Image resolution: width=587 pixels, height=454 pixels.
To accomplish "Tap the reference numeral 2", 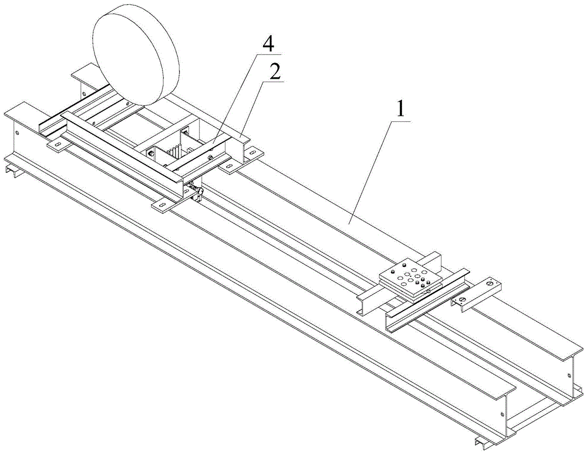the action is [x=275, y=72].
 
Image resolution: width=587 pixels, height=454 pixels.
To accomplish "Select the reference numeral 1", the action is [x=400, y=109].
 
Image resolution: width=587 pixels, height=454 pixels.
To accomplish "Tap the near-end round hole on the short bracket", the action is [x=463, y=299].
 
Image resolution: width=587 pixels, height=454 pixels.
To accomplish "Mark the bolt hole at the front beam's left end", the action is [x=17, y=132].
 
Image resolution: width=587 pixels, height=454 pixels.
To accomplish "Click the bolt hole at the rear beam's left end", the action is [x=83, y=94].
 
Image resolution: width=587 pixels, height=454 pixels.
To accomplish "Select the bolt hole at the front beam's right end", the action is [x=502, y=414].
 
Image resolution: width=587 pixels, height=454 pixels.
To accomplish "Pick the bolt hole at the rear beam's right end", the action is [x=569, y=375].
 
